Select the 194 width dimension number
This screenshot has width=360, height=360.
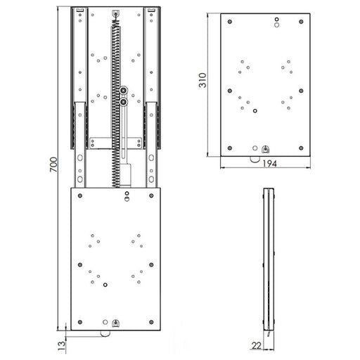pos(269,163)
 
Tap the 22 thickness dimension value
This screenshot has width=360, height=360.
pos(257,345)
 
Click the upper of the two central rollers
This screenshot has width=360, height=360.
pos(124,91)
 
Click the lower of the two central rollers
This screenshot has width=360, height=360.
pos(124,103)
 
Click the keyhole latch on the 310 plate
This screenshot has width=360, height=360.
pos(264,148)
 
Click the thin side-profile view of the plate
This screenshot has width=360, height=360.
pos(268,260)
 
